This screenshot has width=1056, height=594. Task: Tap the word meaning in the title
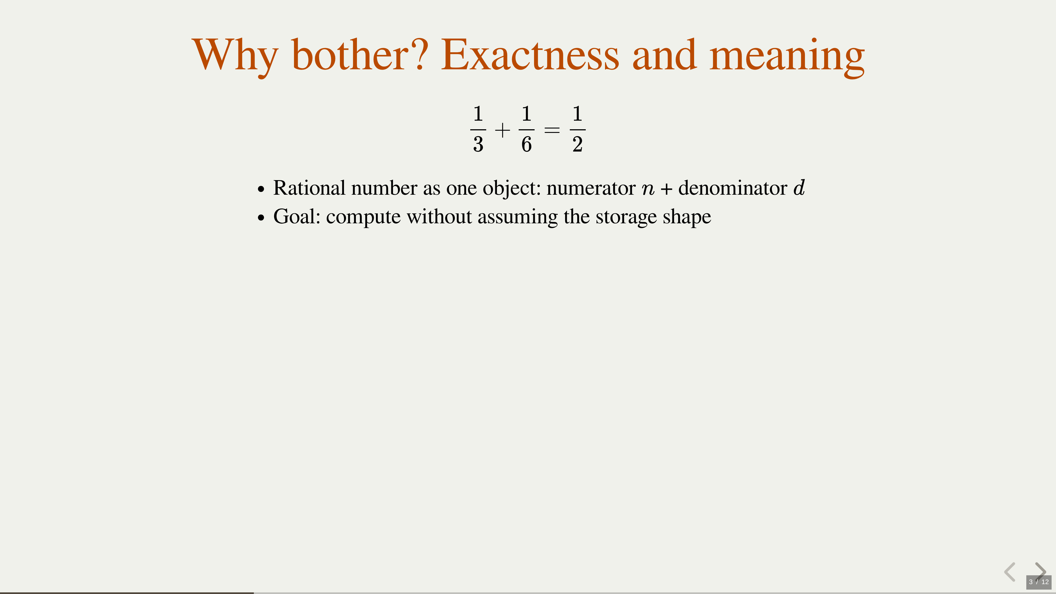click(787, 57)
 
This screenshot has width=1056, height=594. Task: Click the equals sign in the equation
click(552, 130)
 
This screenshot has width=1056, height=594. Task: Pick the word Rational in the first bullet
click(309, 188)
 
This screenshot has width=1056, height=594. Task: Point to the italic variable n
click(648, 190)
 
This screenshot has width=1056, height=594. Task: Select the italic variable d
click(799, 188)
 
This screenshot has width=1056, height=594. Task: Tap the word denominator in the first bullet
click(733, 188)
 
